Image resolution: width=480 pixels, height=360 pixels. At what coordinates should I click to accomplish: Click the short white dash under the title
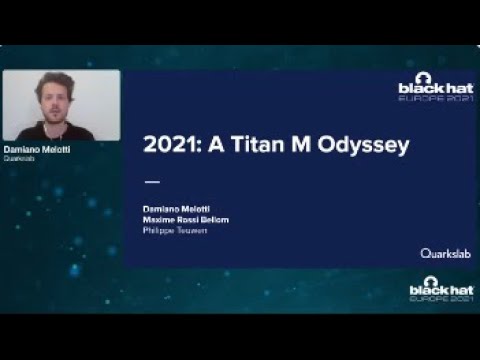[x=152, y=182]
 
